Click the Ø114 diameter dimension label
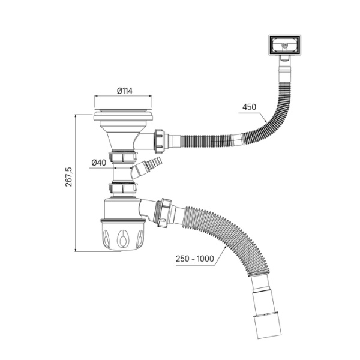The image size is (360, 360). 124,91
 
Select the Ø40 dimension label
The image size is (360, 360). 100,163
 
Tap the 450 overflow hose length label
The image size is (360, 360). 249,107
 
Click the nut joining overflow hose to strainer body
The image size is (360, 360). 160,139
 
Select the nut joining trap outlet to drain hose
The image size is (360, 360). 162,213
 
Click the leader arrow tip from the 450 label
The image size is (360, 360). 268,123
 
